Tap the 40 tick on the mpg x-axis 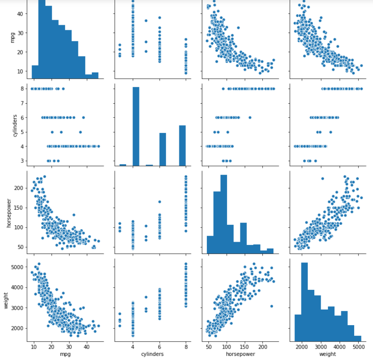point(87,347)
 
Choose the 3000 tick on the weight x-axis point(321,347)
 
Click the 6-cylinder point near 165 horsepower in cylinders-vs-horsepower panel point(250,117)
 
